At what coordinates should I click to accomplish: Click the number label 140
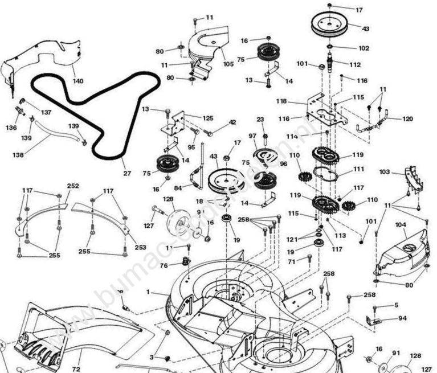(78, 81)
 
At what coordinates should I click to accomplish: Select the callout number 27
(126, 173)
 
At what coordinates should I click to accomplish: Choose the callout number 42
(232, 122)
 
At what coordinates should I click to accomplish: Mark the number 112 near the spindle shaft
(355, 64)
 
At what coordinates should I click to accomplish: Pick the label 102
(364, 48)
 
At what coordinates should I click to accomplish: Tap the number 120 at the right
(407, 119)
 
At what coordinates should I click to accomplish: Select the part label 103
(385, 171)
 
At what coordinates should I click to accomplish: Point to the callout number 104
(402, 226)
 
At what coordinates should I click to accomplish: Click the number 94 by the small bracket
(402, 318)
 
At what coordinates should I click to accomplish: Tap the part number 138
(18, 154)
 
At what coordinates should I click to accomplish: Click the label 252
(73, 186)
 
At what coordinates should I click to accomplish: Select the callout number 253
(140, 248)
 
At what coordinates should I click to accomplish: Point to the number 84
(178, 188)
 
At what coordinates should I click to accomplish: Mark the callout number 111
(358, 169)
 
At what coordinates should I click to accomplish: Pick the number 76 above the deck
(164, 265)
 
